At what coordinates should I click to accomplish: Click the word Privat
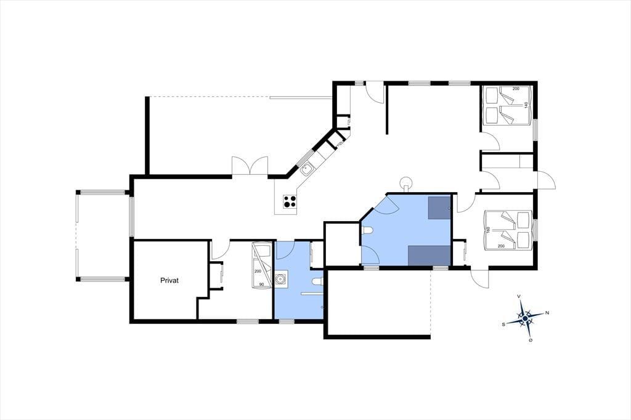[x=169, y=280]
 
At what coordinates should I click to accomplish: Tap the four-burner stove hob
[x=290, y=201]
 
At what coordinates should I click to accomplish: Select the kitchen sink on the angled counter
[x=307, y=169]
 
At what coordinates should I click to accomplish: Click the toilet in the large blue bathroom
[x=367, y=230]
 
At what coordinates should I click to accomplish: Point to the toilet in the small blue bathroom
[x=317, y=281]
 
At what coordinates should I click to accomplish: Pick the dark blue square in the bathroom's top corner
[x=439, y=208]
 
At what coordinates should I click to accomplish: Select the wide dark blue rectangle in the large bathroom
[x=429, y=256]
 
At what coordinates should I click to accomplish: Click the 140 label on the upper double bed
[x=526, y=106]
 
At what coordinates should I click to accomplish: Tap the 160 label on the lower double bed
[x=488, y=230]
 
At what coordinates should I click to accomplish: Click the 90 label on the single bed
[x=261, y=285]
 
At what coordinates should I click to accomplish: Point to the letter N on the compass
[x=547, y=313]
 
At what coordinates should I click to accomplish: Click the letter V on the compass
[x=519, y=296]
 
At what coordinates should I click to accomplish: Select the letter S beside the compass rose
[x=503, y=324]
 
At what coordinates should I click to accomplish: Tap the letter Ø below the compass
[x=531, y=341]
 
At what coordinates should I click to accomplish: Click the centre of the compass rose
[x=525, y=318]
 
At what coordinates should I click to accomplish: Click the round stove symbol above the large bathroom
[x=405, y=182]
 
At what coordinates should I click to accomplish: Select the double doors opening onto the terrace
[x=250, y=166]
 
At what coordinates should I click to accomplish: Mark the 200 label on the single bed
[x=258, y=271]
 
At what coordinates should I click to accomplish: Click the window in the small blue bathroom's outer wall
[x=286, y=321]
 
